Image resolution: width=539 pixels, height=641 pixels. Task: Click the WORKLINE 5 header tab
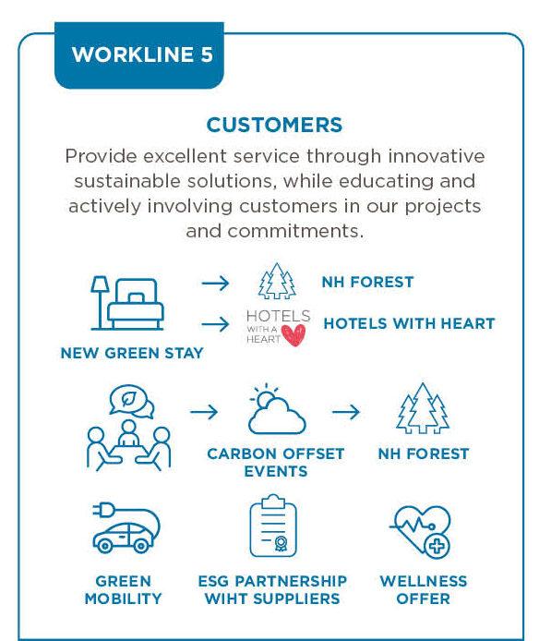click(139, 55)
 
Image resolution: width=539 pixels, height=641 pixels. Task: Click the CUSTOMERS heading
click(274, 125)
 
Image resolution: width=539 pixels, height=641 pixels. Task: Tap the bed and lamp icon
click(127, 303)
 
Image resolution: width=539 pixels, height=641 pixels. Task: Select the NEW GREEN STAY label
click(132, 353)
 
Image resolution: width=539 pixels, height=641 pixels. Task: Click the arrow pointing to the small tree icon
click(215, 283)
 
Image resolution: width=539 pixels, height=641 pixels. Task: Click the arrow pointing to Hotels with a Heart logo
click(215, 324)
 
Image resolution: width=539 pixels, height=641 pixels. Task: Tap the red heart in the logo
click(293, 335)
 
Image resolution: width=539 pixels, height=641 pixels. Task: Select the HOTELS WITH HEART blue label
click(409, 324)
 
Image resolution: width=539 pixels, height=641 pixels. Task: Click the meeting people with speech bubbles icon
click(128, 428)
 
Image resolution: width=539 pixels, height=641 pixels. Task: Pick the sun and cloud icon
click(277, 409)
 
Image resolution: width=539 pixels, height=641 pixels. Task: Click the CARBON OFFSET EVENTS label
click(276, 463)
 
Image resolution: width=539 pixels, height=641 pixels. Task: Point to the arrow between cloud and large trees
click(346, 412)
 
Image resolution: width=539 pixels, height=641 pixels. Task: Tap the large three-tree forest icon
click(423, 408)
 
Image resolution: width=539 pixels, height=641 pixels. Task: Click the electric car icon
click(126, 528)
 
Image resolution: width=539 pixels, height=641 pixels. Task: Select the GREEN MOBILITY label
click(123, 590)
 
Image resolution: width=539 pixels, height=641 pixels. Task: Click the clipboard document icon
click(273, 526)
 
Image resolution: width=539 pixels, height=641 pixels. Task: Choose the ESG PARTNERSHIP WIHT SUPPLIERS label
click(272, 590)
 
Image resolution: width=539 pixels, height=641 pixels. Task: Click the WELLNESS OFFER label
click(424, 590)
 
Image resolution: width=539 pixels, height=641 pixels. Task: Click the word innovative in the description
click(437, 156)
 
